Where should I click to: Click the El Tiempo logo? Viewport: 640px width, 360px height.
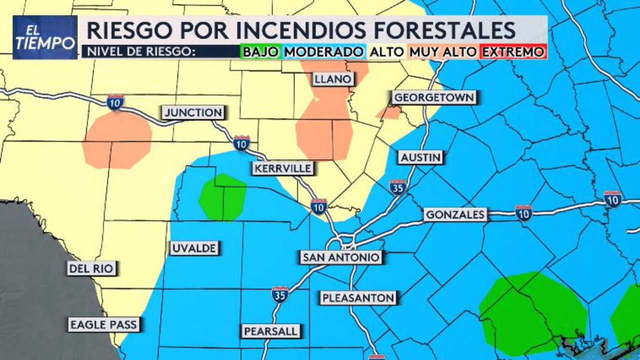pyautogui.click(x=45, y=37)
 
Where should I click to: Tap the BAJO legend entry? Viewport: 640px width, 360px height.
pyautogui.click(x=260, y=52)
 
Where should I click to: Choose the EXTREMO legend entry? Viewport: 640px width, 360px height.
pyautogui.click(x=512, y=52)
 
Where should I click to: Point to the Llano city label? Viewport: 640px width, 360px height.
pyautogui.click(x=333, y=79)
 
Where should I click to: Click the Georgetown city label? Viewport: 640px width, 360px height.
pyautogui.click(x=433, y=97)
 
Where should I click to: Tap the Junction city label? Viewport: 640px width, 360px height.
pyautogui.click(x=193, y=112)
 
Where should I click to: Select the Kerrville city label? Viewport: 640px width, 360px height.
pyautogui.click(x=282, y=168)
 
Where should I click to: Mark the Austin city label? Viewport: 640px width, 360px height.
pyautogui.click(x=420, y=158)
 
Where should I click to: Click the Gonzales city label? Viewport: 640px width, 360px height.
pyautogui.click(x=455, y=215)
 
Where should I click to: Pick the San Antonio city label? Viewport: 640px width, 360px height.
pyautogui.click(x=341, y=257)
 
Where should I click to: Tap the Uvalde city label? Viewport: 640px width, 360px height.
pyautogui.click(x=194, y=248)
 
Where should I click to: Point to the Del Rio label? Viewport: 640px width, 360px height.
pyautogui.click(x=91, y=269)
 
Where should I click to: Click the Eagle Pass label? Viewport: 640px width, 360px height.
pyautogui.click(x=103, y=325)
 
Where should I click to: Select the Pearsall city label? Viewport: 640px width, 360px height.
pyautogui.click(x=271, y=331)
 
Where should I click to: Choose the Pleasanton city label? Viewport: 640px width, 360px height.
pyautogui.click(x=358, y=298)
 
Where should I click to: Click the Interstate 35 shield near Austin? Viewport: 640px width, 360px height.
pyautogui.click(x=398, y=186)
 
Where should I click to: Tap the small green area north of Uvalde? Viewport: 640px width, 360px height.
pyautogui.click(x=222, y=197)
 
